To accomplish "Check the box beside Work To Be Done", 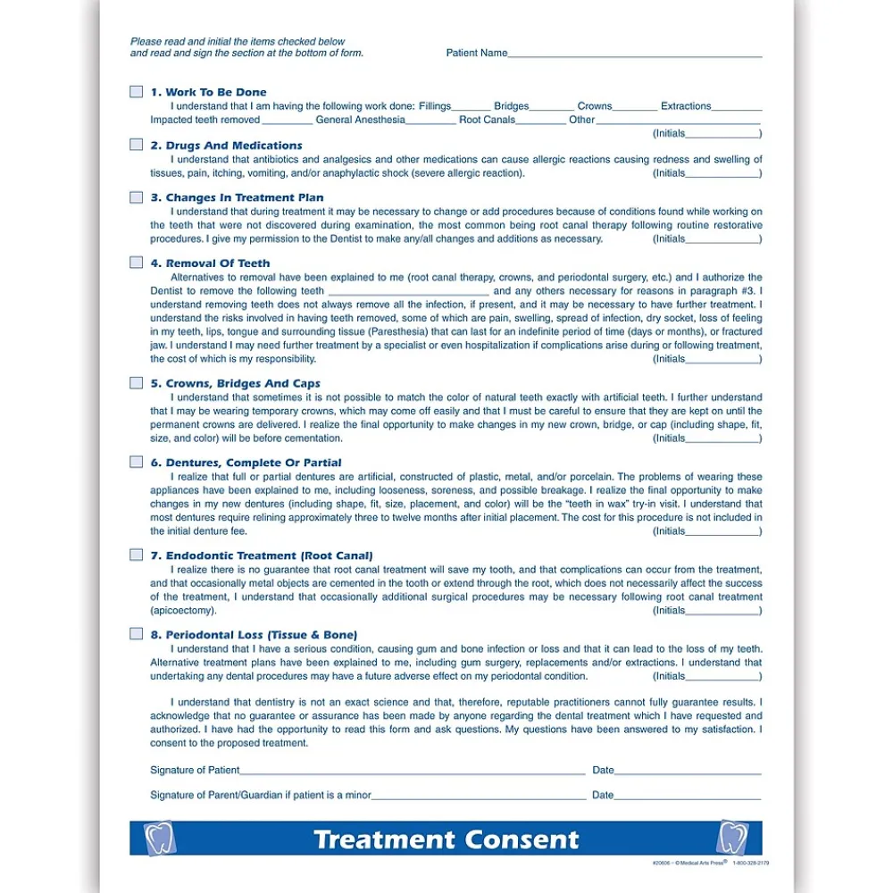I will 136,92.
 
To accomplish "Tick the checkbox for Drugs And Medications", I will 136,145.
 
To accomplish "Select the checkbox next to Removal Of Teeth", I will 136,263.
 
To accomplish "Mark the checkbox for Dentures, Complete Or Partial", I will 136,462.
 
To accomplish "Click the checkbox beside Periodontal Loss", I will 136,634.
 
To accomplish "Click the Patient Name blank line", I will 635,55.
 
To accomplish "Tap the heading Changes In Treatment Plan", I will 245,197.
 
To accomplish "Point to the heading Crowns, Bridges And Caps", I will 243,383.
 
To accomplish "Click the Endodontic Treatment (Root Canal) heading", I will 269,555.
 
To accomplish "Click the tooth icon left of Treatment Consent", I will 161,839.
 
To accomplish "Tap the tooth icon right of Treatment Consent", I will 732,839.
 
